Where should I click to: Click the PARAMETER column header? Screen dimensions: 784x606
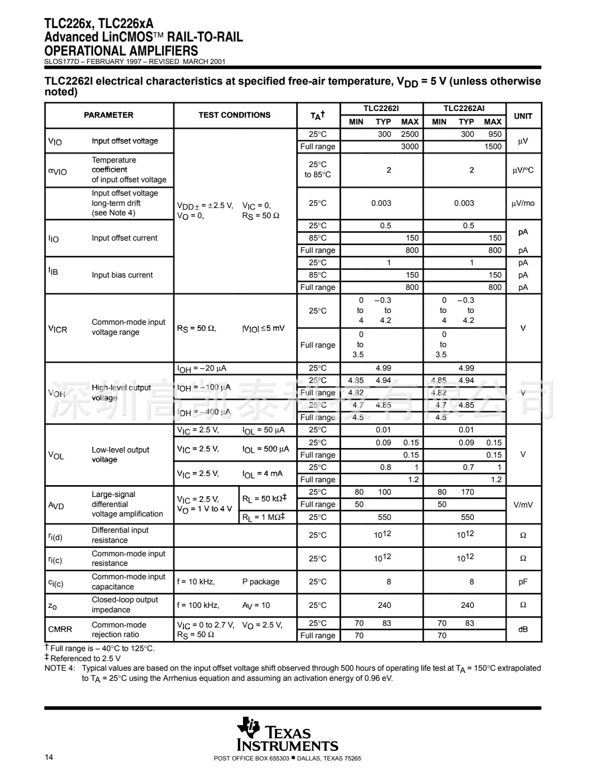point(108,115)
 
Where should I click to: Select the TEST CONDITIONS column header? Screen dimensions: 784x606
point(234,115)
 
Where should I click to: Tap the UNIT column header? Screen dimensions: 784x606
point(523,116)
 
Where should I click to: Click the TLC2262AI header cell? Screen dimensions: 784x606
point(464,109)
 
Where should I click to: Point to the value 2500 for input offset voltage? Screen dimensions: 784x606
point(410,135)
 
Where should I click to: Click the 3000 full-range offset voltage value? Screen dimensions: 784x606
point(410,147)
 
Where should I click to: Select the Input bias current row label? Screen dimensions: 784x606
point(122,275)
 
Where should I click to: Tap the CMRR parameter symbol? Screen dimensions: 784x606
point(60,630)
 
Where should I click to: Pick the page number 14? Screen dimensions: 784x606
point(49,758)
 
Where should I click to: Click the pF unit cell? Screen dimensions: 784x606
point(523,582)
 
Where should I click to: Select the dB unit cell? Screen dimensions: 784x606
point(523,630)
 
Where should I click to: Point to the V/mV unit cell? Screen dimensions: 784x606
point(523,505)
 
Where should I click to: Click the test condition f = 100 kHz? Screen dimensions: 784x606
point(198,606)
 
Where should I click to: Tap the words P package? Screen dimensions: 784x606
point(261,582)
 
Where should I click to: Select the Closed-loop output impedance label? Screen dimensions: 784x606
point(125,605)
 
